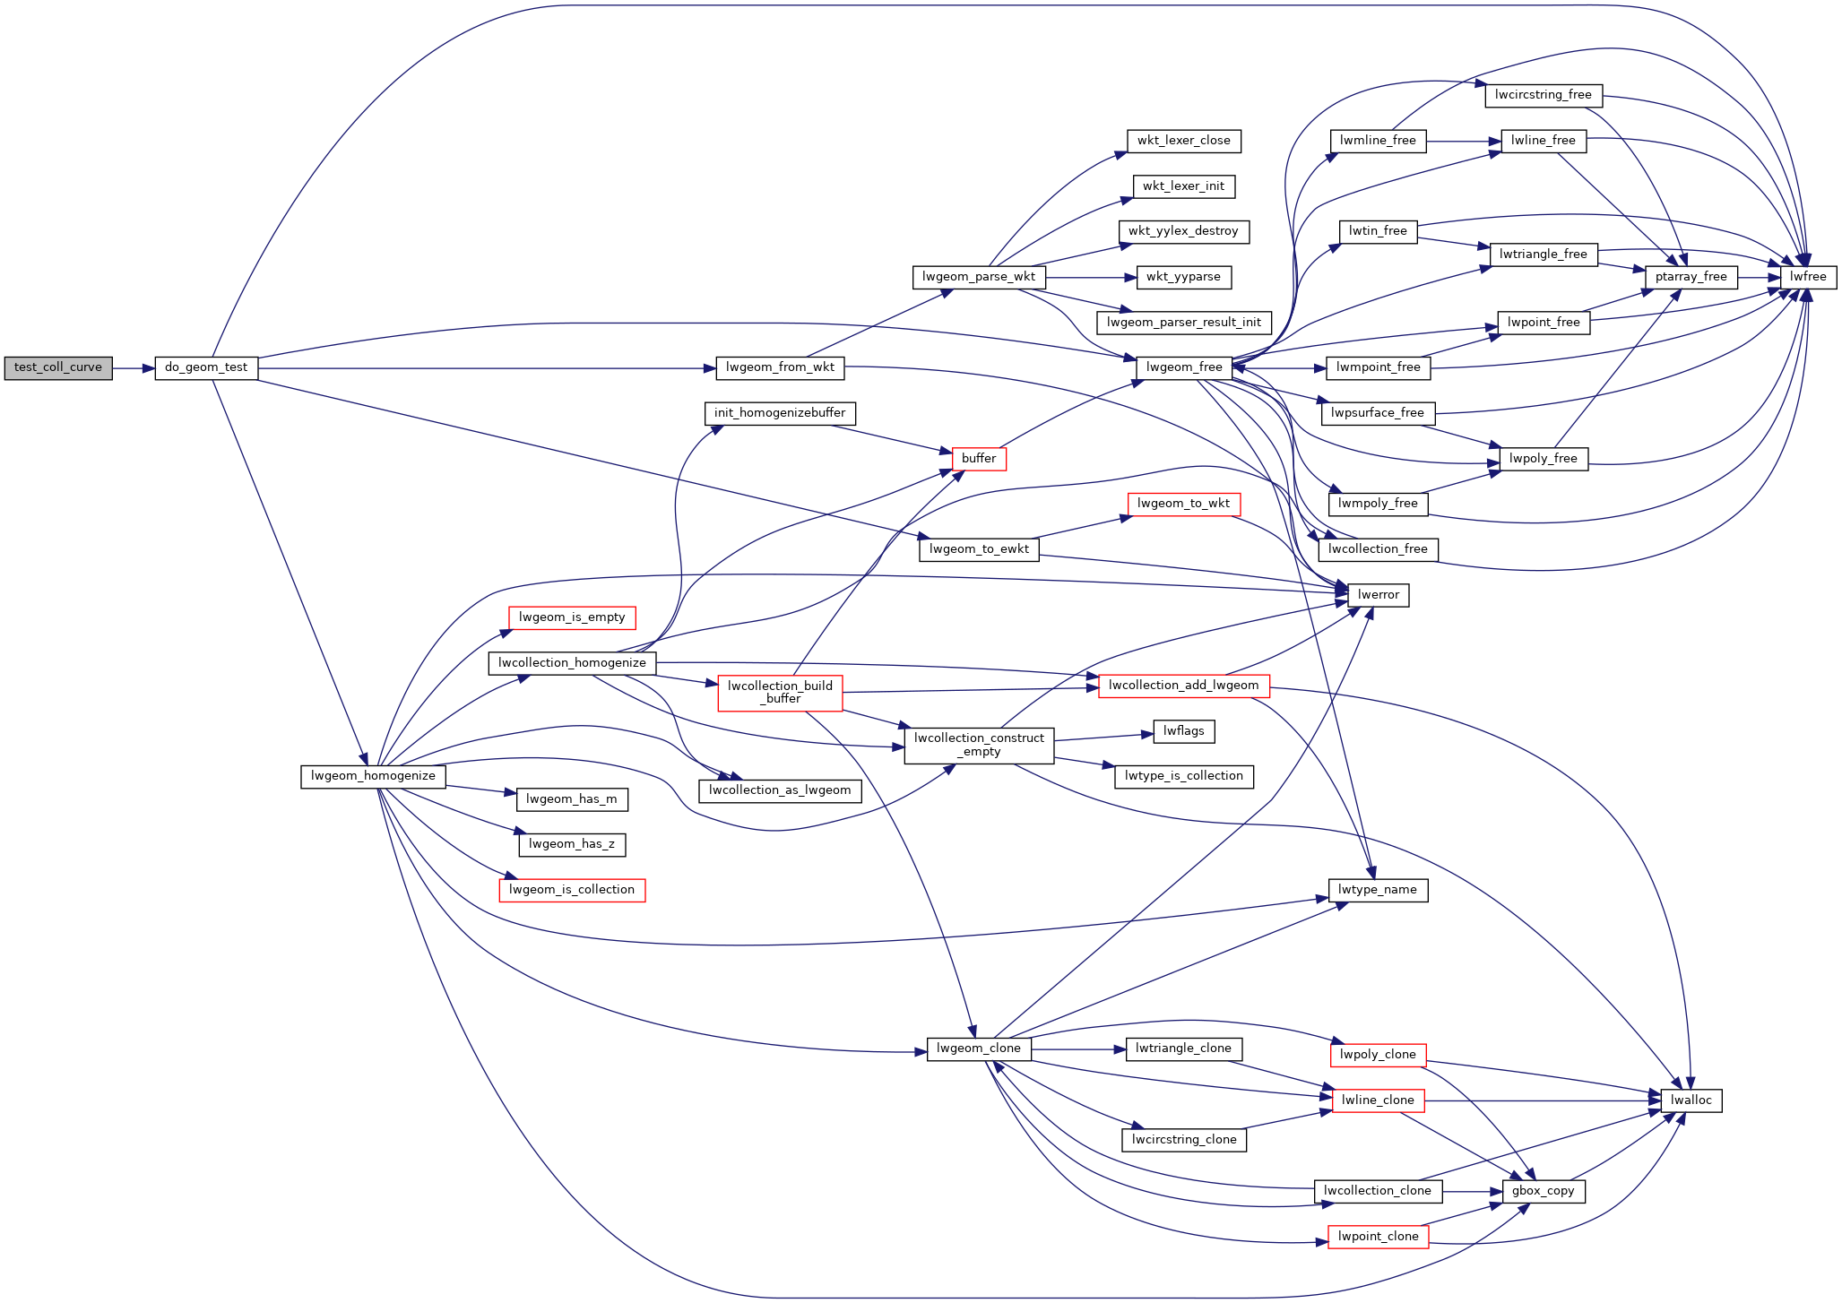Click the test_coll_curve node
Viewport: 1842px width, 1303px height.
[x=58, y=368]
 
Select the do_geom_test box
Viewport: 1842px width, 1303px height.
[x=206, y=368]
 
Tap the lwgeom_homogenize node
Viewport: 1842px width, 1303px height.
[x=373, y=777]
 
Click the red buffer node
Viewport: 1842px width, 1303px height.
[x=979, y=459]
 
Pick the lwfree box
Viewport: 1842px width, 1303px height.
[x=1808, y=278]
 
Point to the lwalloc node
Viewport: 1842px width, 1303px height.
[x=1691, y=1101]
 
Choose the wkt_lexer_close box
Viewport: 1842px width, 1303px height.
[x=1184, y=142]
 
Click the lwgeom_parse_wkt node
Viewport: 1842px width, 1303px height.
[x=978, y=278]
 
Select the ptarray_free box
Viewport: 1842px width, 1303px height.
[x=1691, y=278]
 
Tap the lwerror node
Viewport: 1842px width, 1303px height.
[x=1379, y=596]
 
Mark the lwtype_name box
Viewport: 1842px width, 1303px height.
[x=1378, y=891]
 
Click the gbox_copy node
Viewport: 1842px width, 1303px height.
[x=1544, y=1192]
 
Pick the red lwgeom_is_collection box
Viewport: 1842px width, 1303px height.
[x=572, y=891]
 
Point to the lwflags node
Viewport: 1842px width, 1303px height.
[x=1184, y=732]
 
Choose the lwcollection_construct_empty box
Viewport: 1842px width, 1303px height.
[x=979, y=746]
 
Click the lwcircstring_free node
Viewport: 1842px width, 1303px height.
[x=1544, y=96]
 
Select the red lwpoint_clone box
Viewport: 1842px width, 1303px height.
[x=1379, y=1238]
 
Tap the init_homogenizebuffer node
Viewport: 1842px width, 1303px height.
[x=780, y=414]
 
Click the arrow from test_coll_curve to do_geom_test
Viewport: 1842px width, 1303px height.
[x=134, y=368]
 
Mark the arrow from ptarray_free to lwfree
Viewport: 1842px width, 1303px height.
[x=1759, y=278]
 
